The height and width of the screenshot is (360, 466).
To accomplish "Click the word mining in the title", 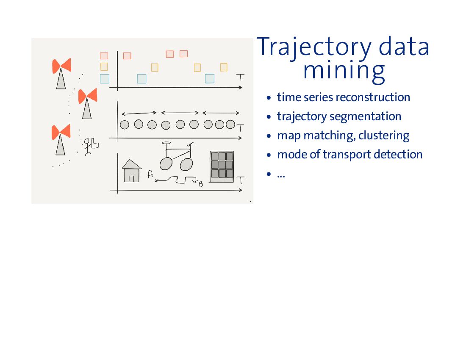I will (x=344, y=71).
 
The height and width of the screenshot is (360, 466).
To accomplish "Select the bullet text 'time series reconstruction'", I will (x=343, y=97).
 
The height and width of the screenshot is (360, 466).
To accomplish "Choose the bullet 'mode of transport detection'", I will (x=349, y=155).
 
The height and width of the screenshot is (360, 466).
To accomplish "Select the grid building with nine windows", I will (x=222, y=166).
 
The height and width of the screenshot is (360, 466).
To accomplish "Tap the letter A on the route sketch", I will (x=150, y=173).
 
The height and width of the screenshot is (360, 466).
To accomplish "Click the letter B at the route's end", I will (x=201, y=184).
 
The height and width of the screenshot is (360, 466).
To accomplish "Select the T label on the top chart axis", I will (x=241, y=78).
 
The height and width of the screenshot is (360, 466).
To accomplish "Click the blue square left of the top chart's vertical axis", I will (x=105, y=79).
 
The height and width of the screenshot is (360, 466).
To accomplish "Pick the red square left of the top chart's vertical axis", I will (x=104, y=55).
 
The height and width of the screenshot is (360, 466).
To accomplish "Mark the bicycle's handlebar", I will (x=166, y=143).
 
